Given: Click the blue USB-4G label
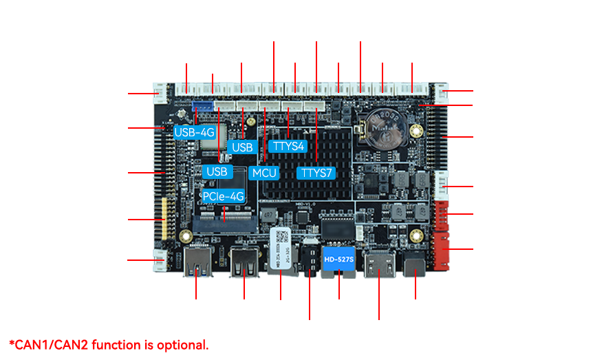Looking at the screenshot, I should pos(194,132).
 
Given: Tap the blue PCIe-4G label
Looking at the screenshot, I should pos(223,196).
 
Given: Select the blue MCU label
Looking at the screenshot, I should pos(264,173).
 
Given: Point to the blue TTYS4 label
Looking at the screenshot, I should pos(289,146).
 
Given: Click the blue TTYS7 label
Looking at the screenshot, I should pos(315,172).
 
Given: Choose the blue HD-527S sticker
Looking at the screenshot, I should pos(338,259).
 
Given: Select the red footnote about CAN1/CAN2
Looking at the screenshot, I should pos(109,344).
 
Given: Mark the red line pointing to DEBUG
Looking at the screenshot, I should pos(464,90).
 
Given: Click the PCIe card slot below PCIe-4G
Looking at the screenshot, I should pos(224,219).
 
